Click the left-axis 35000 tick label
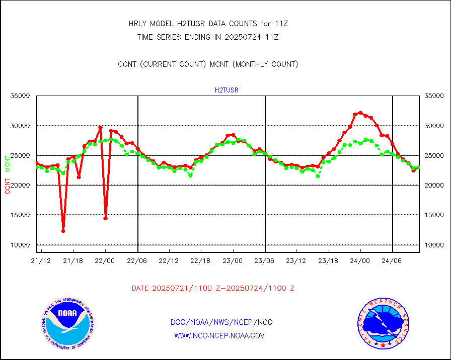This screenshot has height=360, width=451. point(20,96)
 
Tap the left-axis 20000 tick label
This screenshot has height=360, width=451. point(20,186)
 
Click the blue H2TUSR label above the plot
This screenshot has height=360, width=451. point(227,91)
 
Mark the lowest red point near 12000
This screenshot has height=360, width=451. point(63,231)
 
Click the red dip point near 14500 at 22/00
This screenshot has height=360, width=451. point(105,218)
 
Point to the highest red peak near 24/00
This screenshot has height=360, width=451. point(360,113)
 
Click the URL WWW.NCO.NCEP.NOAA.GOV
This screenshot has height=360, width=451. point(219,335)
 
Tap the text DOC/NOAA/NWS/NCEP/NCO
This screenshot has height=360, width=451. point(221,322)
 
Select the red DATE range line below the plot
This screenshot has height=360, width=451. point(213,289)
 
